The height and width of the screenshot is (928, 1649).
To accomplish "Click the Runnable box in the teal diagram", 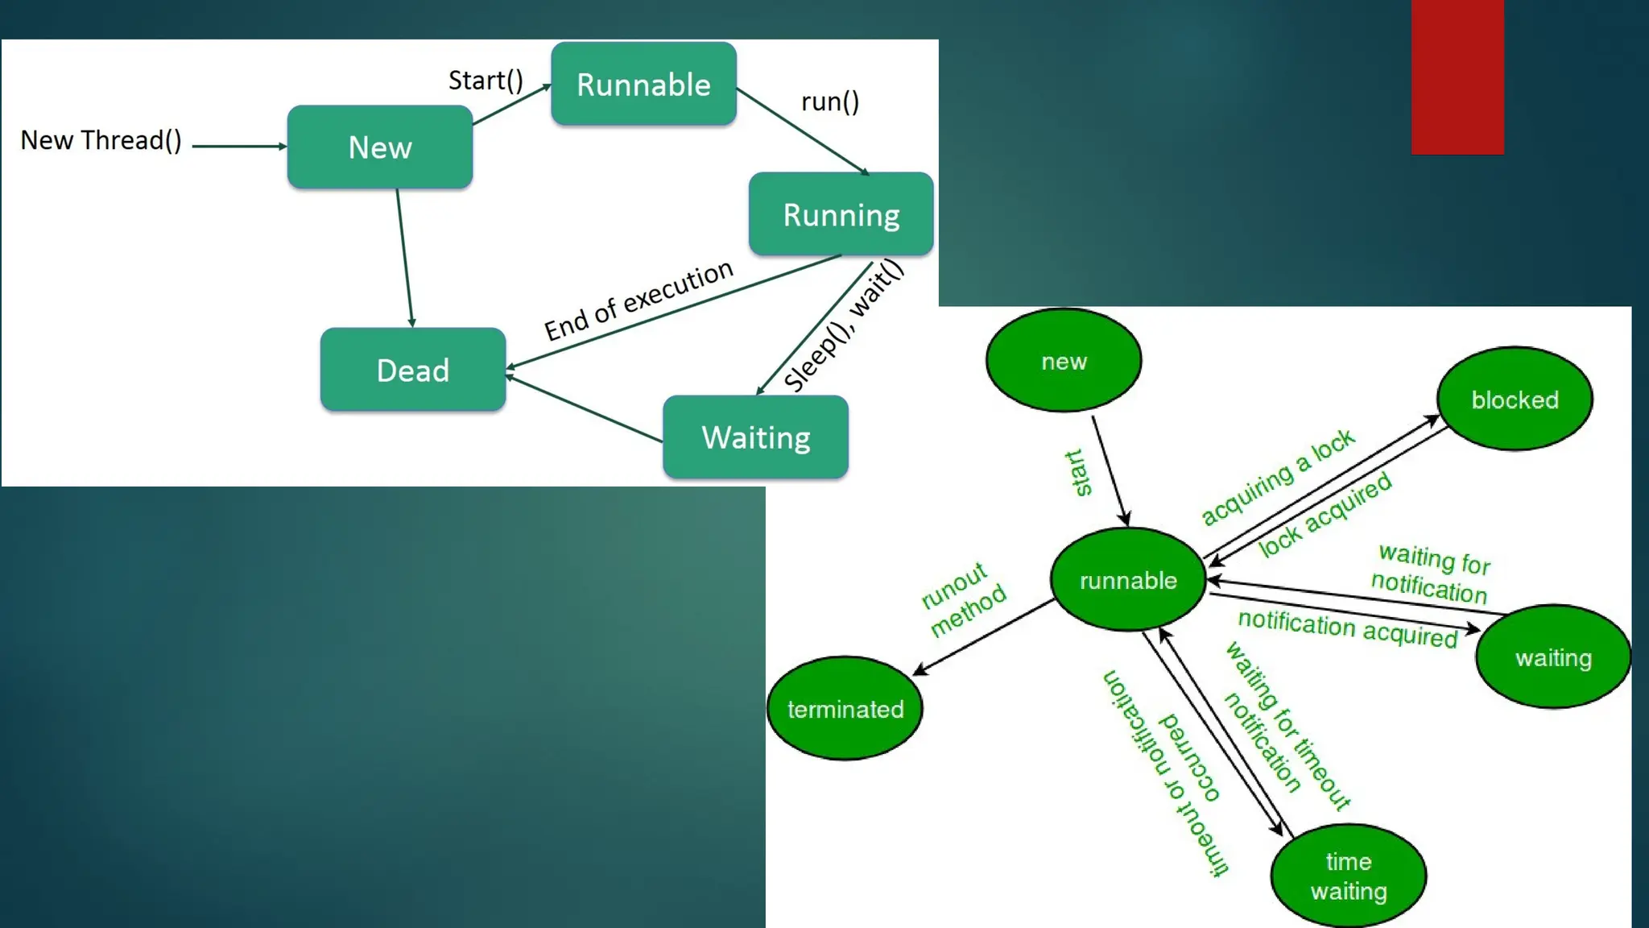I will (x=643, y=84).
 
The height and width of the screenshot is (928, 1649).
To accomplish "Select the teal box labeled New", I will (x=379, y=147).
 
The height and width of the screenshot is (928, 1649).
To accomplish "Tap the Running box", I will (x=841, y=214).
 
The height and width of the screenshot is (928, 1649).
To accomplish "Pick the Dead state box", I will (x=412, y=370).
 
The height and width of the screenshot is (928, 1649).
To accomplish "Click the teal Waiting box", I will (x=755, y=437).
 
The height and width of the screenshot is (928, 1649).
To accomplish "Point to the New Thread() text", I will (x=101, y=140).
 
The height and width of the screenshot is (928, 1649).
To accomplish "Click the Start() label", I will (x=486, y=80).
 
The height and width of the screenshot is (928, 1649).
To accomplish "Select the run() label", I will (x=830, y=101).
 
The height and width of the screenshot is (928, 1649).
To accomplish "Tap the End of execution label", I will (x=639, y=300).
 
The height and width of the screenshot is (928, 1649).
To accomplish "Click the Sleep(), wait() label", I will (x=843, y=325).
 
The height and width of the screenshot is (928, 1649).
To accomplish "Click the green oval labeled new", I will (x=1063, y=360).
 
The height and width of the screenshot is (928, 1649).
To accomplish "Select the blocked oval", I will (x=1514, y=399).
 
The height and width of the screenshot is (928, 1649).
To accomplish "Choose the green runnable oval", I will (x=1127, y=580).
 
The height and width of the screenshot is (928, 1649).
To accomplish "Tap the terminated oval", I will (x=845, y=708).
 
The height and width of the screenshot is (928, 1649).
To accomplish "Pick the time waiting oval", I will (x=1348, y=876).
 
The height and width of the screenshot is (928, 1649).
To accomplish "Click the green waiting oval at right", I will (x=1552, y=657).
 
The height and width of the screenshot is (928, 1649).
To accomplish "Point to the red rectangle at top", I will (x=1457, y=77).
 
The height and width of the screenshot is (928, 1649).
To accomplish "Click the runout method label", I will (x=963, y=599).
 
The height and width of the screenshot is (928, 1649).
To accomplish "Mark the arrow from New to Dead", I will (x=405, y=258).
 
